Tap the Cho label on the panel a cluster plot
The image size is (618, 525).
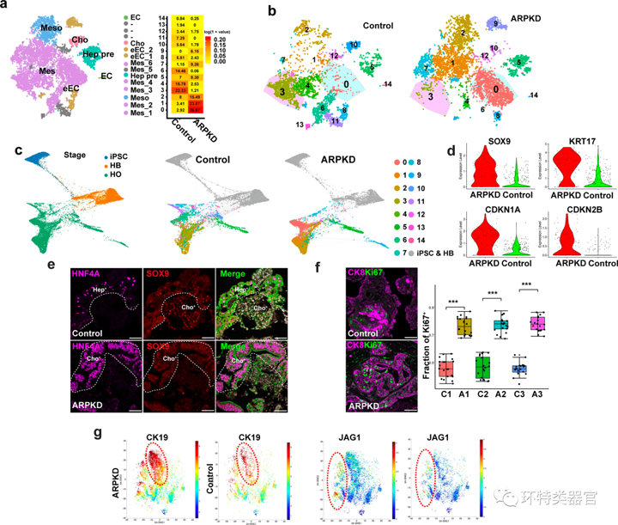pyautogui.click(x=80, y=40)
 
